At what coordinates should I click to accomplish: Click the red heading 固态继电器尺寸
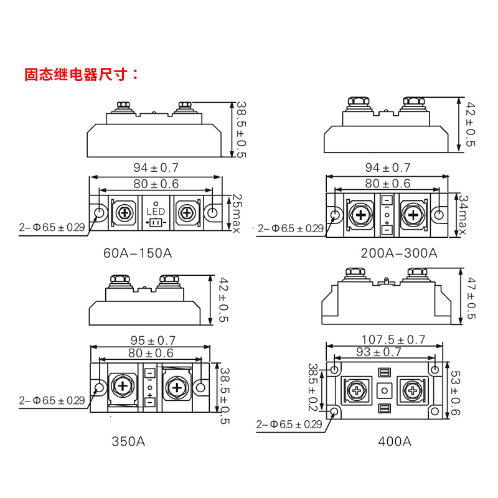pos(82,75)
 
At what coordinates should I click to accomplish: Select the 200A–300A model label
pos(399,253)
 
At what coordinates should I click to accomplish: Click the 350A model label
pos(128,441)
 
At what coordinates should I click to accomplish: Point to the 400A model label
pos(395,441)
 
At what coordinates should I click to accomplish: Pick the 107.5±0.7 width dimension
pos(393,340)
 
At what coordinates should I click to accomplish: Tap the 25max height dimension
pos(237,213)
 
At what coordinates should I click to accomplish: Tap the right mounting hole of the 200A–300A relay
pos(439,215)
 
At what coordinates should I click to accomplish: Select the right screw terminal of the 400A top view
pos(413,391)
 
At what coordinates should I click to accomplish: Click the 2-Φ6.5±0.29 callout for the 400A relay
pos(289,425)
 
